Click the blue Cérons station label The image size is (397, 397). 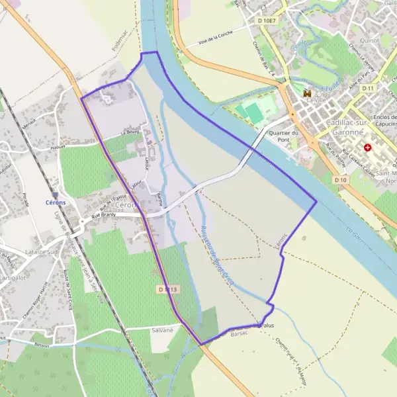click(56, 202)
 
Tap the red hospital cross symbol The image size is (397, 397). click(367, 148)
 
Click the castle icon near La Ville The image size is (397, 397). click(306, 95)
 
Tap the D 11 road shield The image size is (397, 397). click(369, 88)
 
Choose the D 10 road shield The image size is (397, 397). click(341, 179)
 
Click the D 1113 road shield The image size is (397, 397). click(169, 289)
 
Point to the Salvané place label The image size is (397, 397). click(161, 330)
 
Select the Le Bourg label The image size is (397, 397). click(130, 131)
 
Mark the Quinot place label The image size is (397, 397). click(370, 40)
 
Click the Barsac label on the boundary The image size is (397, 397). click(238, 335)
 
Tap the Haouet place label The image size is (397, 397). click(58, 147)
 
